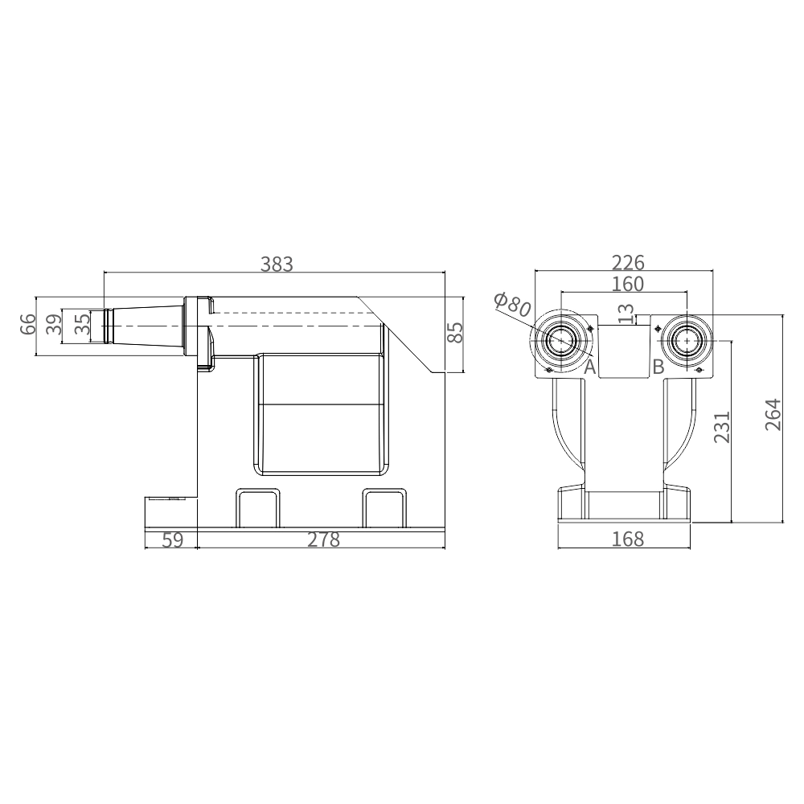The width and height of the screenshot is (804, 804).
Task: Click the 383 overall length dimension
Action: coord(277,264)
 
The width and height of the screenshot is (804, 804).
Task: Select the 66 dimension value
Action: coord(28,324)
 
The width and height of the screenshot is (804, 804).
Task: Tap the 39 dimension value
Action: coord(55,324)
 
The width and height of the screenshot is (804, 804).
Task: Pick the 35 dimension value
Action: coord(83,324)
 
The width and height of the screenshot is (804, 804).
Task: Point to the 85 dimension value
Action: coord(455,332)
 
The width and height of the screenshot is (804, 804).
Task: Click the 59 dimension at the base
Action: coord(172,540)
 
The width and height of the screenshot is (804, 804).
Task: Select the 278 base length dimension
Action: coord(323,540)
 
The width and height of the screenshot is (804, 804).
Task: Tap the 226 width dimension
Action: coord(628,263)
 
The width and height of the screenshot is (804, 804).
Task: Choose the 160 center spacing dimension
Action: coord(628,284)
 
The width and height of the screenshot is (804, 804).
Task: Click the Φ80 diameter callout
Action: coord(511,305)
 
